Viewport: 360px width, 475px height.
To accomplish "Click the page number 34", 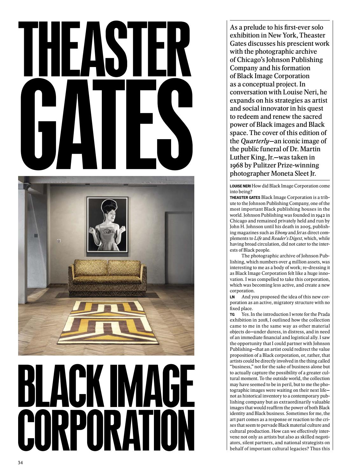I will (x=20, y=463).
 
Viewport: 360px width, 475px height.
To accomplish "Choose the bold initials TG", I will (x=232, y=314).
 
